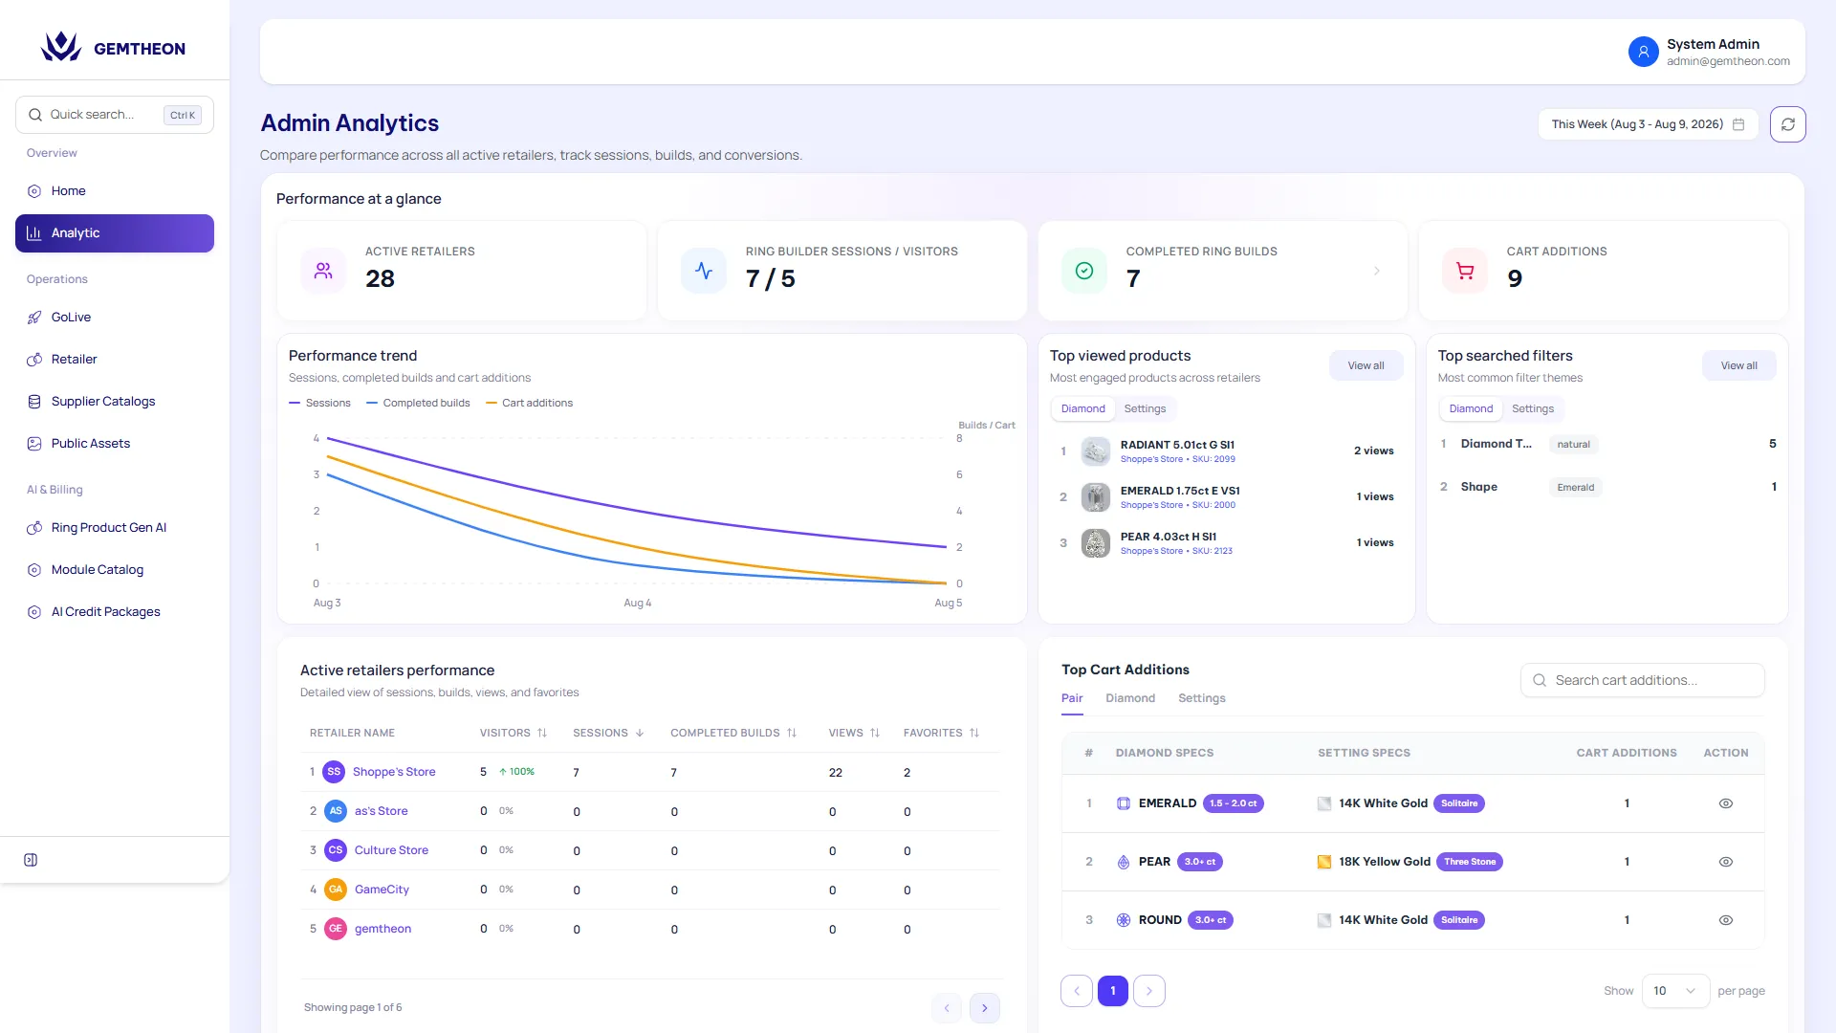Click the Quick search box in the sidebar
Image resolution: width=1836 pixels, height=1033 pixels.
[x=115, y=115]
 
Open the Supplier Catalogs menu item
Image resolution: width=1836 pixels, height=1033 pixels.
[x=103, y=402]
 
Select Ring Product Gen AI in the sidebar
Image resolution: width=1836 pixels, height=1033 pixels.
[x=109, y=528]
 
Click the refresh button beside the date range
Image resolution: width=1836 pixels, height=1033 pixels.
[x=1787, y=124]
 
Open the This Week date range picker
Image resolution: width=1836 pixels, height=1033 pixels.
[x=1648, y=124]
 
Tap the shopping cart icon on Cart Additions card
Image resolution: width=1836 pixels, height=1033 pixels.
[x=1465, y=271]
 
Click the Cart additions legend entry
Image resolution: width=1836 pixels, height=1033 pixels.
[x=530, y=403]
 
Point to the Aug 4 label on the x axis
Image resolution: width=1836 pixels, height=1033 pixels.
[x=638, y=603]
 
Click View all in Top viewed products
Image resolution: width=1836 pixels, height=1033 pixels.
[x=1366, y=365]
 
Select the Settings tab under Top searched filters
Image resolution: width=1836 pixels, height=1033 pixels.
[x=1533, y=408]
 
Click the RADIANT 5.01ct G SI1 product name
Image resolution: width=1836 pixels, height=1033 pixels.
[x=1177, y=445]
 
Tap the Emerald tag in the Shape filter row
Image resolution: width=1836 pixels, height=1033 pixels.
[x=1576, y=488]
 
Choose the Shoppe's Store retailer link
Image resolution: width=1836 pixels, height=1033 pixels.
[x=394, y=772]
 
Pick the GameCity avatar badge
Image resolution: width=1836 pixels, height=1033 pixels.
[x=336, y=890]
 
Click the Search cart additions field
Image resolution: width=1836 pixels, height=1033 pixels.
[x=1643, y=680]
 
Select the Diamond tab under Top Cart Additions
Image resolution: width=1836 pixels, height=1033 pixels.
[x=1130, y=698]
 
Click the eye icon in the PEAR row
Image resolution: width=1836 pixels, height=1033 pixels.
[x=1726, y=862]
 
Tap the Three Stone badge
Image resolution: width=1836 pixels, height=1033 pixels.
[x=1470, y=862]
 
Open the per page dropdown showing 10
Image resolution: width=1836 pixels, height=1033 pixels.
[x=1675, y=991]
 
